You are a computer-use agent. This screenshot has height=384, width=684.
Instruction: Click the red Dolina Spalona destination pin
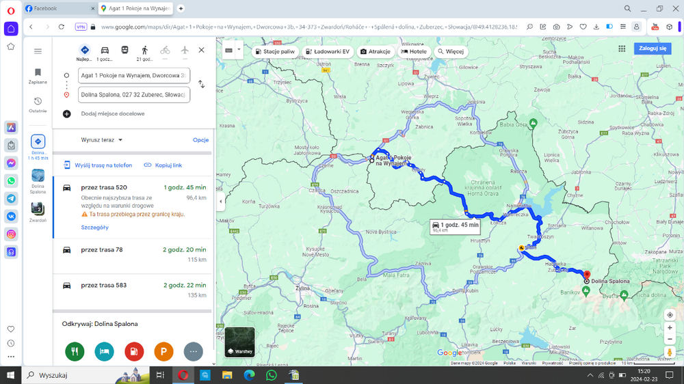[587, 275]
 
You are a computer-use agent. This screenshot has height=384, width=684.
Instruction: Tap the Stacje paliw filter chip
[275, 51]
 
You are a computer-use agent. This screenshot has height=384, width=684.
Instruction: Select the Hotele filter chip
[414, 51]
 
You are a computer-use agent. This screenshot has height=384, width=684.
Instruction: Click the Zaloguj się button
[653, 49]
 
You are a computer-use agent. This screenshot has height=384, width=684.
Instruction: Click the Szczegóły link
[94, 228]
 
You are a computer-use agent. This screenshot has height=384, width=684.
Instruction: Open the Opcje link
[200, 140]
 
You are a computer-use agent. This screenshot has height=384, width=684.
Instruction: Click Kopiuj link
[163, 165]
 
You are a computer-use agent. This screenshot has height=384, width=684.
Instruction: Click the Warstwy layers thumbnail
[239, 342]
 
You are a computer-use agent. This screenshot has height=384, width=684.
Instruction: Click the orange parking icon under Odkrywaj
[163, 351]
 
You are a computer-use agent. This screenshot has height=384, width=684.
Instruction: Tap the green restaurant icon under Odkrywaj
[75, 351]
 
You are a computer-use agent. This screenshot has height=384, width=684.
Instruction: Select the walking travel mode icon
[144, 50]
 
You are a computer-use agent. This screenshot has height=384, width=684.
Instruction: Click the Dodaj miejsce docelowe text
[113, 114]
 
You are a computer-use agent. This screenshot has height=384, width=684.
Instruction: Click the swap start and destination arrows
[201, 84]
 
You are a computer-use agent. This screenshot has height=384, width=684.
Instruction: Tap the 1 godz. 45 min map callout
[455, 226]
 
